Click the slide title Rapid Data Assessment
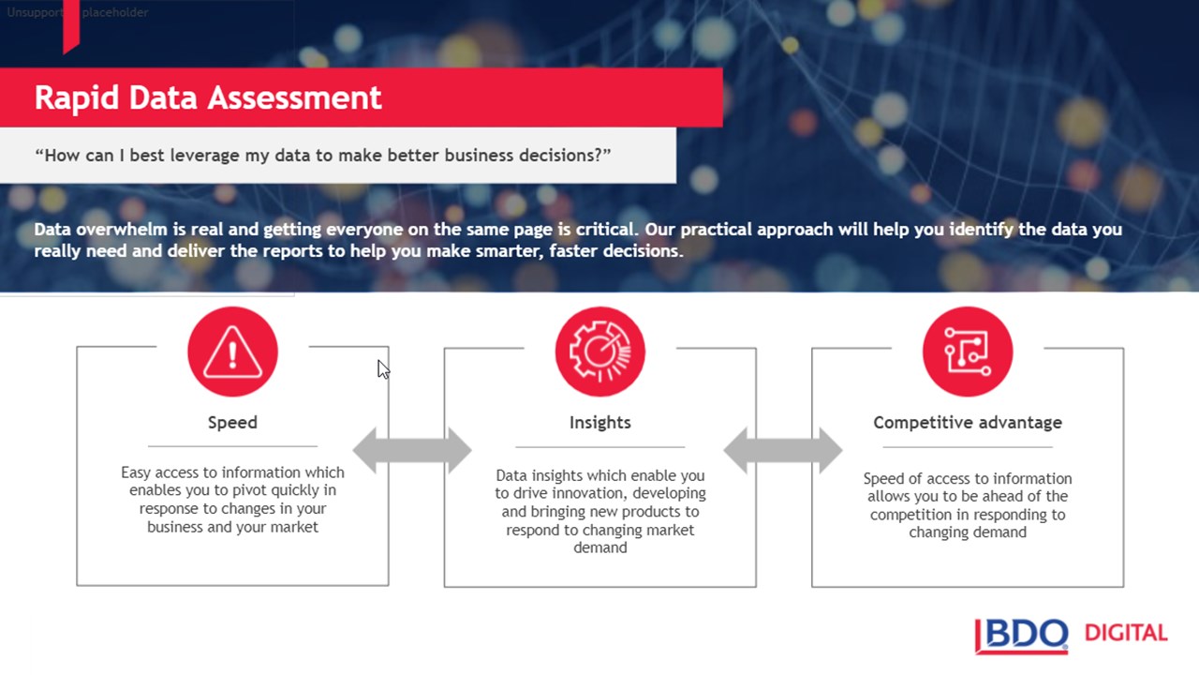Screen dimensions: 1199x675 [x=208, y=98]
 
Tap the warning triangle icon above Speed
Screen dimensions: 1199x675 [x=233, y=352]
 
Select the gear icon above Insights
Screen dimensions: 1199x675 [x=600, y=352]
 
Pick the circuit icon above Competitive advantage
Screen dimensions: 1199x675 [x=968, y=352]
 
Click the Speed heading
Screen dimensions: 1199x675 [x=233, y=423]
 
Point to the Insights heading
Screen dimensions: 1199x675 [x=600, y=423]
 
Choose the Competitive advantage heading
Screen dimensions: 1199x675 [x=968, y=423]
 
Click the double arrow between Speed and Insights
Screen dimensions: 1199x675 [x=412, y=451]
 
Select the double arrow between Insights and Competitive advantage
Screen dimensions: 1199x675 [x=783, y=451]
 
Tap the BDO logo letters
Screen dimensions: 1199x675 [x=1022, y=636]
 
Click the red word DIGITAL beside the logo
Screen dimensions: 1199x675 [x=1126, y=633]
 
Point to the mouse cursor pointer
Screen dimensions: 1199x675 [x=383, y=369]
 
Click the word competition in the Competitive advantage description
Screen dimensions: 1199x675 [x=908, y=515]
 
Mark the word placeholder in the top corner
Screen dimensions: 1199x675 [x=115, y=12]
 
